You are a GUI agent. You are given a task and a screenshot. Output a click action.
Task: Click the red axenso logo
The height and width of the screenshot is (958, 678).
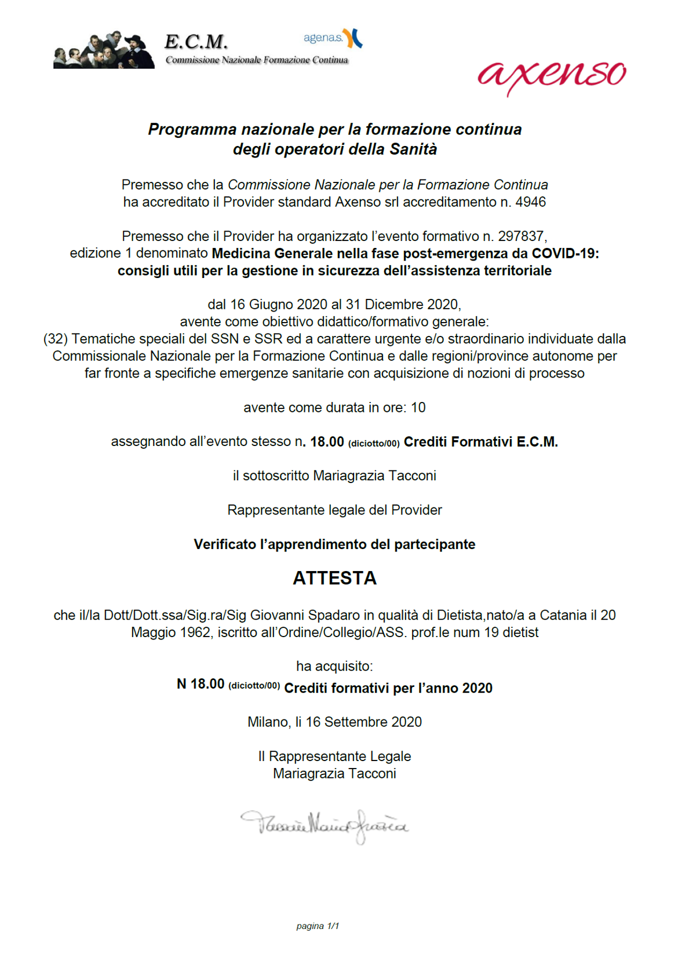click(551, 75)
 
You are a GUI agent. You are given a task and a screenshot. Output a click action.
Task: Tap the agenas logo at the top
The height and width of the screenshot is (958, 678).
click(333, 38)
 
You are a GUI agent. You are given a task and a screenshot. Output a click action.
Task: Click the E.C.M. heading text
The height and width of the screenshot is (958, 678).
click(196, 42)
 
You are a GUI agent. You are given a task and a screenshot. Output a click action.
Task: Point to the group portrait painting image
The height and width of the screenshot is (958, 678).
click(104, 51)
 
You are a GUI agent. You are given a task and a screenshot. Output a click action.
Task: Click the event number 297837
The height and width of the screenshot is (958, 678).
click(520, 236)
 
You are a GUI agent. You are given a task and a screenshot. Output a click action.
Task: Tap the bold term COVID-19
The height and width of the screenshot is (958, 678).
click(564, 254)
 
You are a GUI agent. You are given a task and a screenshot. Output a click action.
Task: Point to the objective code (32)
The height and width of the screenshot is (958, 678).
click(56, 339)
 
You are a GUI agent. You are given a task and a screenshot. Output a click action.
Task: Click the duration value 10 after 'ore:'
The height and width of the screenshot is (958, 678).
click(418, 408)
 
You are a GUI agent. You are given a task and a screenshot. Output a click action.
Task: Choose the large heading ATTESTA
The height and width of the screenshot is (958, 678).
click(334, 578)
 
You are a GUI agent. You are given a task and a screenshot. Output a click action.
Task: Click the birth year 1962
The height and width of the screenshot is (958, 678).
click(195, 632)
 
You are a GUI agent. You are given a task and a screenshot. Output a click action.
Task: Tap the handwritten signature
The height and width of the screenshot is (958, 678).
click(325, 825)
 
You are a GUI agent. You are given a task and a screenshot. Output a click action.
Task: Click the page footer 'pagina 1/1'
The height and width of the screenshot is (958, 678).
click(318, 926)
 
